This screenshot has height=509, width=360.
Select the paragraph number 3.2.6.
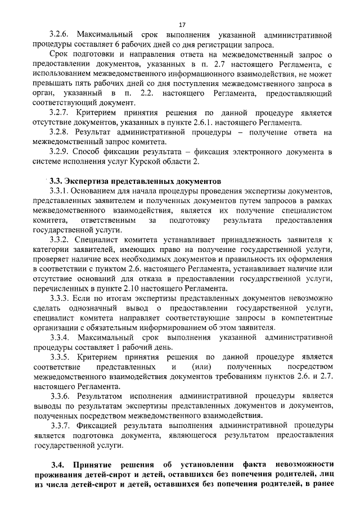(60, 35)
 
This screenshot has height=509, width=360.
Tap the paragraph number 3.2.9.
(60, 152)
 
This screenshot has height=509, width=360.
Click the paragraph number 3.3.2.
(60, 240)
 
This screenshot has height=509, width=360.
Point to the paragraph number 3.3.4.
(60, 337)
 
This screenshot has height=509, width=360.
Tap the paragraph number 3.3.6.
(60, 396)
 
